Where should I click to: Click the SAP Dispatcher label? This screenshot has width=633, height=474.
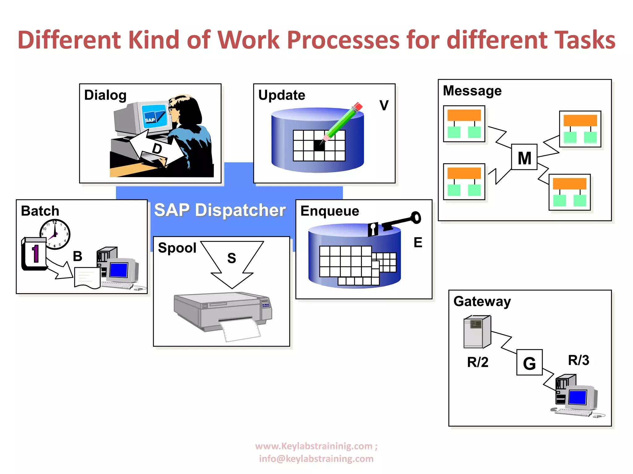tap(220, 210)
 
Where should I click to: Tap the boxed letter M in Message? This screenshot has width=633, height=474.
tap(525, 158)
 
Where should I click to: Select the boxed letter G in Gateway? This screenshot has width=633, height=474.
tap(529, 363)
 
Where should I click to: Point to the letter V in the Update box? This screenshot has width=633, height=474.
tap(384, 106)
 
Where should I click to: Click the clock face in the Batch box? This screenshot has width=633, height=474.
tap(55, 234)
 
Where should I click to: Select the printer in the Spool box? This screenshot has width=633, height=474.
tap(223, 313)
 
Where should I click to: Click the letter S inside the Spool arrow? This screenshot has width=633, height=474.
tap(232, 258)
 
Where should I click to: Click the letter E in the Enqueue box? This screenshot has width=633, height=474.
tap(418, 243)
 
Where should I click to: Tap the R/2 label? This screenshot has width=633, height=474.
tap(478, 362)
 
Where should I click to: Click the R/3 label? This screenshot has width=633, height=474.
tap(578, 360)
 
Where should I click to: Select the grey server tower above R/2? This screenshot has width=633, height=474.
tap(477, 332)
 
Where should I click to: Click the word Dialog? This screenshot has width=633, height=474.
tap(105, 95)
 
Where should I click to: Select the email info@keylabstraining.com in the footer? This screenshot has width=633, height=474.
tap(316, 459)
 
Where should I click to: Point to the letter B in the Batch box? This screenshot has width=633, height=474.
tap(78, 256)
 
